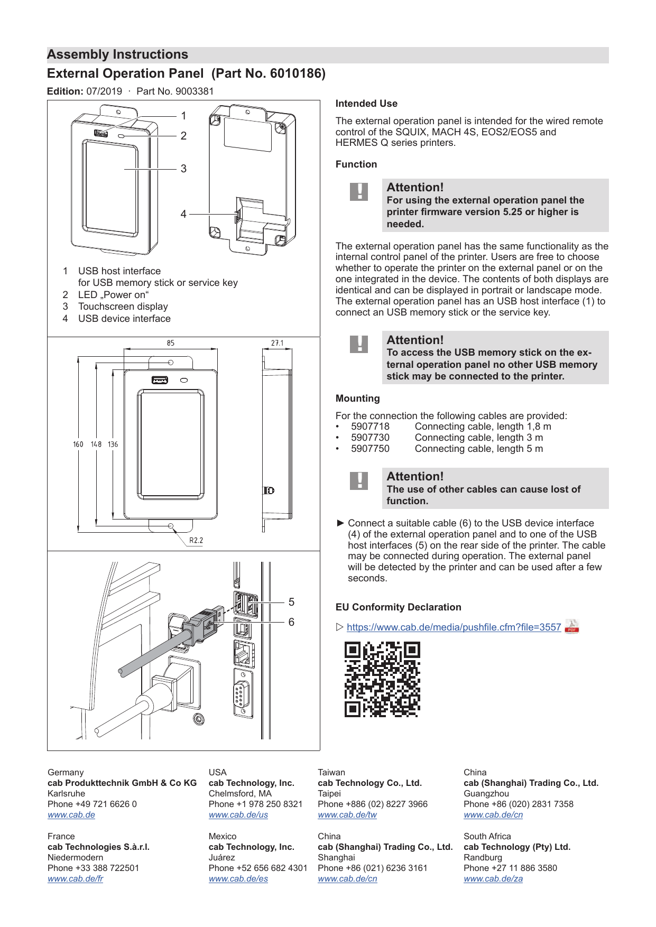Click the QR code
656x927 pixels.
382,679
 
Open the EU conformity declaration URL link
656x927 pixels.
454,627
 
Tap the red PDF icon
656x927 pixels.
572,626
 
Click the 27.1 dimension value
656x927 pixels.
278,343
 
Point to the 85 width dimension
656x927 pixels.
170,343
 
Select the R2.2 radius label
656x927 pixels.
196,541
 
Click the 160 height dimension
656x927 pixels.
78,444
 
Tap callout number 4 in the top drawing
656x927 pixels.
183,214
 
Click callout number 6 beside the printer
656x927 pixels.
291,622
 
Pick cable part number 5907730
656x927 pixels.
370,438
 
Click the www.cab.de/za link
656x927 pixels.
493,879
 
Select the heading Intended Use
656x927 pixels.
366,104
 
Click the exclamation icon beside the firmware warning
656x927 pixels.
359,192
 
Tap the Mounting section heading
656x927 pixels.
358,398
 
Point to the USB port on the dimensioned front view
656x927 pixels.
160,380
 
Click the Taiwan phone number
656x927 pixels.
373,804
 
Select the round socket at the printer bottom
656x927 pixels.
199,719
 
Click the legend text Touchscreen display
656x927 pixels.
123,307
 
